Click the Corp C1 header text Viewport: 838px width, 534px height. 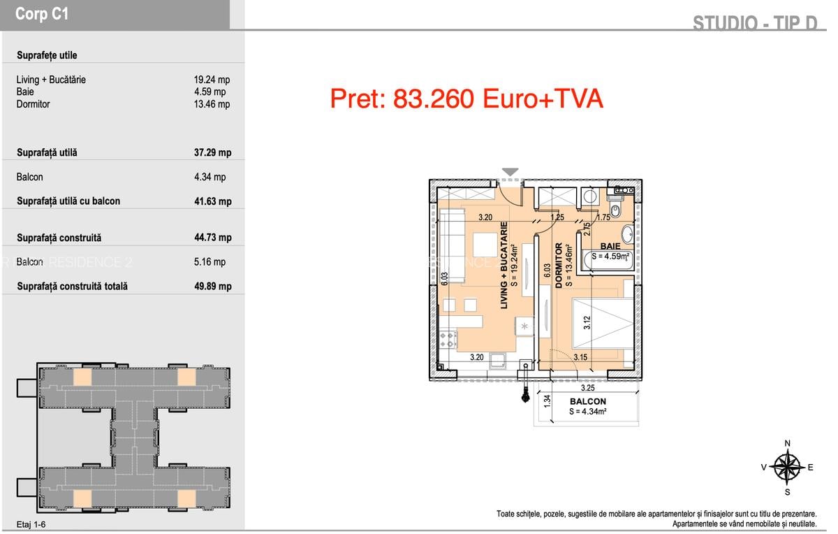point(42,15)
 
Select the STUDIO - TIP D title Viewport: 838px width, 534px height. point(754,23)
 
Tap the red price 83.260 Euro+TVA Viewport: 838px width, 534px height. point(466,99)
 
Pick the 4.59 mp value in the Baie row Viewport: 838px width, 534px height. point(209,92)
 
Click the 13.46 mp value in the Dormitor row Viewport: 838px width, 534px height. point(212,104)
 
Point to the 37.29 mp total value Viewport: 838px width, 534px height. point(212,152)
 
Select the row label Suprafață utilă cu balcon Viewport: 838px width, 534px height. point(68,201)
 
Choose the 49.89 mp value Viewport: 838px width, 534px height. point(212,286)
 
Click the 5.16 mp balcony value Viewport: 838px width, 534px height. point(209,262)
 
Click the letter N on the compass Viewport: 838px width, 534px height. point(788,443)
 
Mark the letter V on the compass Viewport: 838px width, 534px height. point(764,468)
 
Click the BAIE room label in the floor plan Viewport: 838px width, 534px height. point(610,247)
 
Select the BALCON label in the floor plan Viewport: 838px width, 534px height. point(587,402)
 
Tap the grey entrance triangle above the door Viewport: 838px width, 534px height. point(510,172)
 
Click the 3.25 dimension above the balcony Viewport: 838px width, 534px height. point(587,388)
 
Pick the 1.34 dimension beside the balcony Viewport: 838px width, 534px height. point(548,401)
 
